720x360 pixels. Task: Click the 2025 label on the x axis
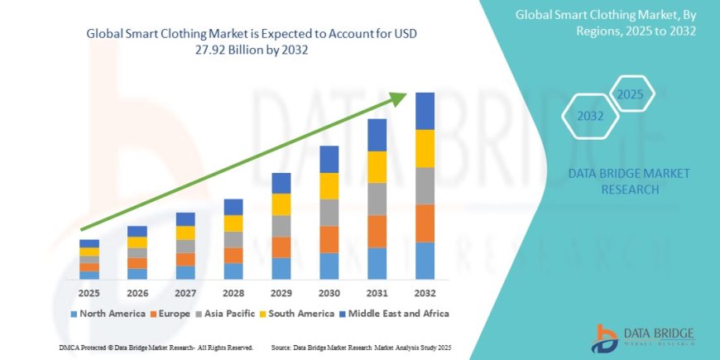point(89,293)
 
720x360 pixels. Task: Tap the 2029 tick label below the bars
point(281,293)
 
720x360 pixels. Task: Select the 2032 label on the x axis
point(425,293)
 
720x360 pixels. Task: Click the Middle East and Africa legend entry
point(396,314)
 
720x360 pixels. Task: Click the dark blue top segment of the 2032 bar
point(425,111)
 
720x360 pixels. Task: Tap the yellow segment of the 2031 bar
point(377,167)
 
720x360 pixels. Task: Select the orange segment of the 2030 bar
point(329,239)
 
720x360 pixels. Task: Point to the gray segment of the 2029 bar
point(281,226)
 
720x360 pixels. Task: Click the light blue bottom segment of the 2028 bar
point(233,271)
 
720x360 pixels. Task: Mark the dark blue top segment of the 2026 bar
point(137,232)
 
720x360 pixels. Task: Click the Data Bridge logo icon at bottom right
point(606,338)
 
